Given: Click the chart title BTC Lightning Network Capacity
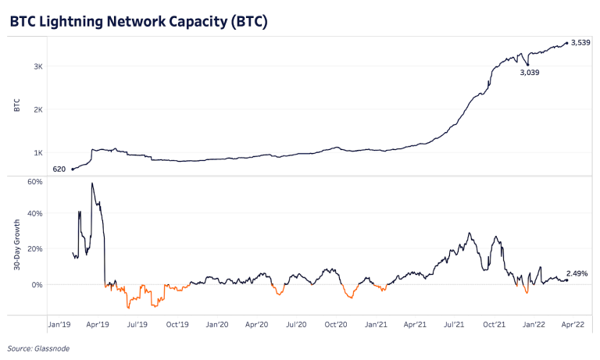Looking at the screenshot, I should pyautogui.click(x=139, y=22).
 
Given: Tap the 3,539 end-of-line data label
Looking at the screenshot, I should pyautogui.click(x=580, y=42).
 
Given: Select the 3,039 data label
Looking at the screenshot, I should pyautogui.click(x=530, y=73).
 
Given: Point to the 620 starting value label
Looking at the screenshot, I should pyautogui.click(x=59, y=169).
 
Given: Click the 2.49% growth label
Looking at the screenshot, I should pyautogui.click(x=577, y=273).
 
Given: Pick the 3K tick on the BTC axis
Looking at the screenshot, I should pyautogui.click(x=37, y=66).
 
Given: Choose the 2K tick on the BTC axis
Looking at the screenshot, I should pyautogui.click(x=37, y=109).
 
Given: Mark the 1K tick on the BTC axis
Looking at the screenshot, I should pyautogui.click(x=37, y=153).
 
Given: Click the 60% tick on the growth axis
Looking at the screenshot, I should pyautogui.click(x=34, y=181).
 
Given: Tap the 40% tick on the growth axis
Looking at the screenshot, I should pyautogui.click(x=34, y=213).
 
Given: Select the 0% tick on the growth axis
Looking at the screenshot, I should pyautogui.click(x=37, y=284).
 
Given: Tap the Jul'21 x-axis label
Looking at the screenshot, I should pyautogui.click(x=455, y=323).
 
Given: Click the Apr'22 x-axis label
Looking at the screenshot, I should pyautogui.click(x=574, y=323).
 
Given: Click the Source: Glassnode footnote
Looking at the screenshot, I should pyautogui.click(x=37, y=349).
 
